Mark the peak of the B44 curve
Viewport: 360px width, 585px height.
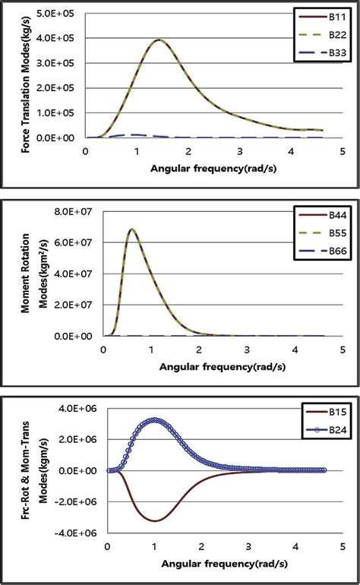pyautogui.click(x=132, y=229)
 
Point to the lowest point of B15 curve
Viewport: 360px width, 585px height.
pyautogui.click(x=154, y=520)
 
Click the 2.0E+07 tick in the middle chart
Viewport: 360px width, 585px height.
pyautogui.click(x=79, y=305)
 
